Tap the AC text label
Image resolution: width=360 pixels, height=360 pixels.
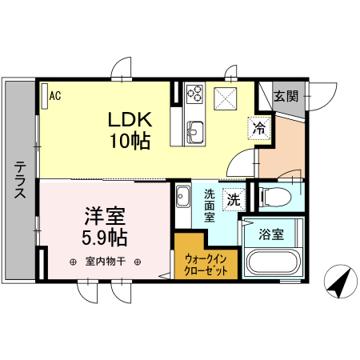(55, 96)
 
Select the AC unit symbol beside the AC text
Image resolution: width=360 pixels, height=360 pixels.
(44, 95)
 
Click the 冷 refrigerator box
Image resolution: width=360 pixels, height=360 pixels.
(258, 126)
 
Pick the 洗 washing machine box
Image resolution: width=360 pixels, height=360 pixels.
(233, 200)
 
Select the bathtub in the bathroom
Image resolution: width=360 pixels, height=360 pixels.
(272, 263)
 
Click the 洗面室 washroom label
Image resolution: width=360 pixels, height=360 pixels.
(209, 205)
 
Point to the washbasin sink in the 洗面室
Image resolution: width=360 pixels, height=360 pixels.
(182, 195)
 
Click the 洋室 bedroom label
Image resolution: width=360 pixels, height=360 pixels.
(106, 216)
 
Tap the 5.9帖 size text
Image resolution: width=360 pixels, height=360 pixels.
(106, 237)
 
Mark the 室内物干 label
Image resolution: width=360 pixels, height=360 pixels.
(106, 262)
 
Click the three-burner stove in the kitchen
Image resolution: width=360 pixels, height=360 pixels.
(194, 94)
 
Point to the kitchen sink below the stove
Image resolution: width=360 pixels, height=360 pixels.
(194, 128)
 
